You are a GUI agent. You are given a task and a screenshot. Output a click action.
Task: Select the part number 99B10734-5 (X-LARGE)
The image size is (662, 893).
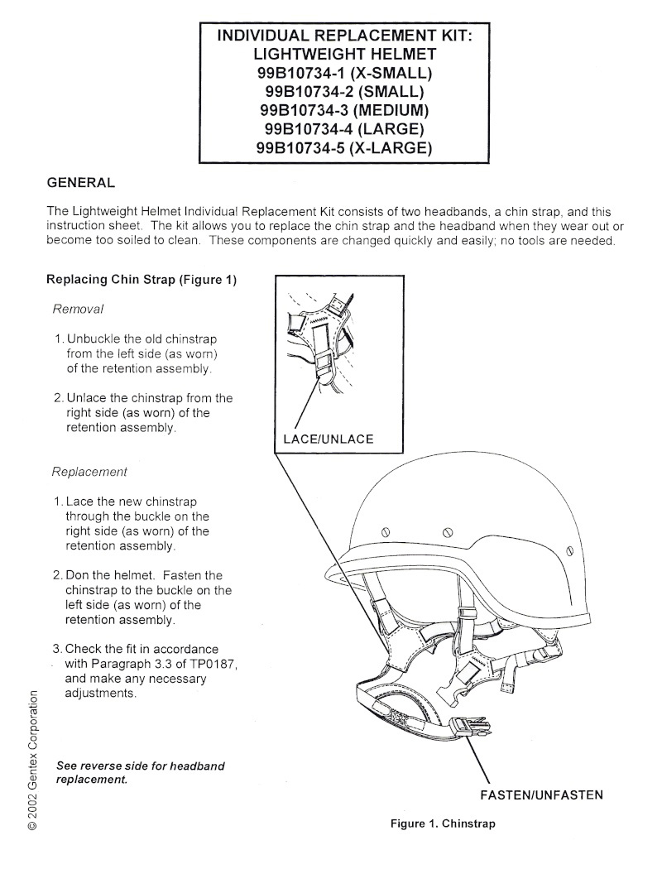346,148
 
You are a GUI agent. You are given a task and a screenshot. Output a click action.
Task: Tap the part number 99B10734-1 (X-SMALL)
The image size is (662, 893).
346,73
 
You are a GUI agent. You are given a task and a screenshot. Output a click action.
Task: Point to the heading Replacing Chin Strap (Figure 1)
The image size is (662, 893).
142,279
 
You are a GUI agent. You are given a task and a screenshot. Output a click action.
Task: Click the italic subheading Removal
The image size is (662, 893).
78,309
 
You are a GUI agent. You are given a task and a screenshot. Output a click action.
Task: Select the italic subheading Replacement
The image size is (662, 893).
89,472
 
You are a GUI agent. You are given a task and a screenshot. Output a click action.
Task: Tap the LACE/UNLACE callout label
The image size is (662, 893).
329,439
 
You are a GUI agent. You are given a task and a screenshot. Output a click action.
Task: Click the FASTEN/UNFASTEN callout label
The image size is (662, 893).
541,795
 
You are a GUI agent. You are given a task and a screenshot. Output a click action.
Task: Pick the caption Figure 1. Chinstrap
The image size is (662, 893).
443,824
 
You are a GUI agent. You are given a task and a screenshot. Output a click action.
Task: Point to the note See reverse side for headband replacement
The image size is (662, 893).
140,773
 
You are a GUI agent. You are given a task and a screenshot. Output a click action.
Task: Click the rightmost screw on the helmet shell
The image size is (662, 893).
569,550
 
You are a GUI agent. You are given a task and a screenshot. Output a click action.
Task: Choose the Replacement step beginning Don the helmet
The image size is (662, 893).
142,597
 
